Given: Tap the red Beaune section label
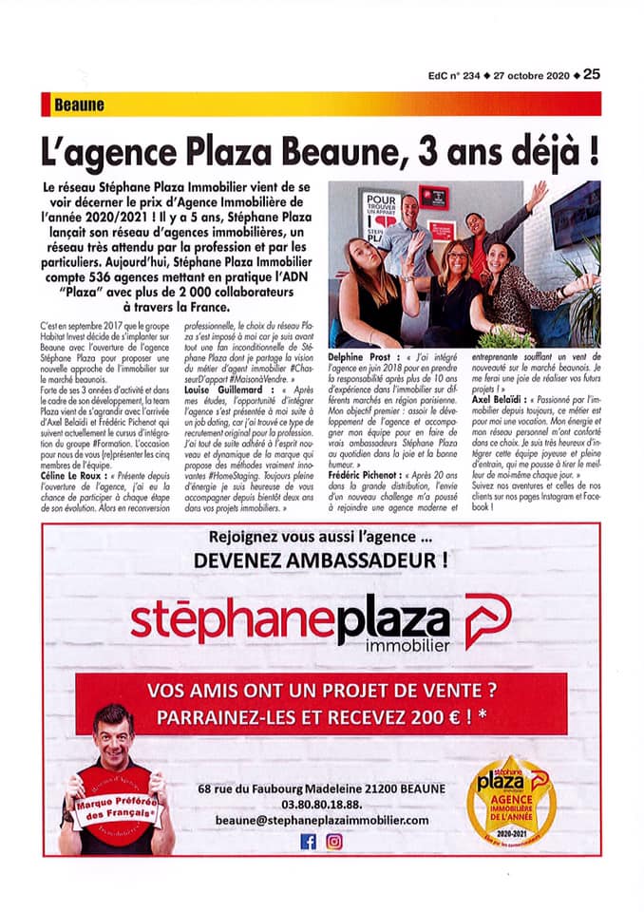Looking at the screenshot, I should (x=79, y=105).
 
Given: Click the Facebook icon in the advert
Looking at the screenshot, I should (x=309, y=841).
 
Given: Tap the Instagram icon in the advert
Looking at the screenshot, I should (x=334, y=841).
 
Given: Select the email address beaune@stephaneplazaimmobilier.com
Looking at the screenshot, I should (x=322, y=820).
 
